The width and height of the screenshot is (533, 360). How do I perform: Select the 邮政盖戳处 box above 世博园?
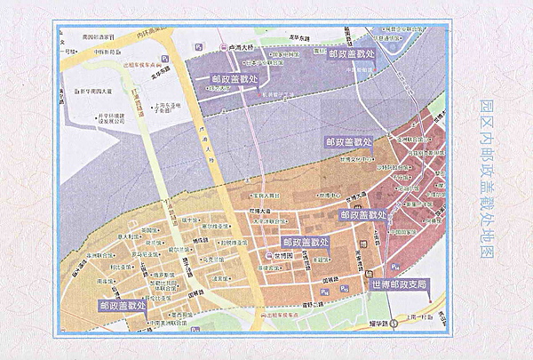point(306,241)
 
